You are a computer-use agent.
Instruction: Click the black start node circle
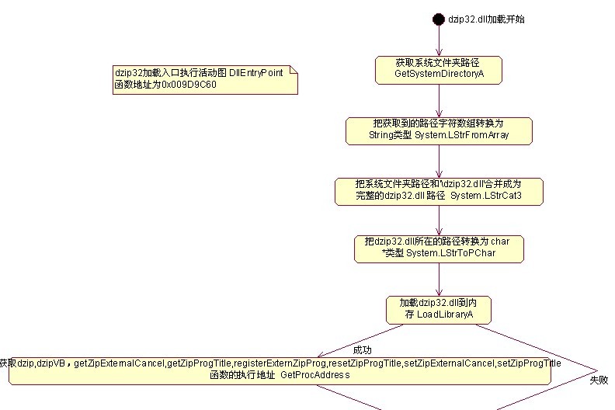[439, 19]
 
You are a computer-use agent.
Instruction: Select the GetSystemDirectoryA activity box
[439, 69]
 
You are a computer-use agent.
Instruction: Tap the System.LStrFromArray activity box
[439, 130]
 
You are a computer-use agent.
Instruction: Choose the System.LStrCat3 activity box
[439, 191]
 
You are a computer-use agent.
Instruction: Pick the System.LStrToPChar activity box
[439, 248]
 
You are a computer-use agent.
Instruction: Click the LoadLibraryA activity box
[439, 309]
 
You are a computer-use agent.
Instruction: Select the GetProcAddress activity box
[280, 370]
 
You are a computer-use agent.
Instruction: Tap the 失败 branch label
[599, 380]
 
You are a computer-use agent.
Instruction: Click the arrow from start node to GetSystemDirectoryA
[439, 40]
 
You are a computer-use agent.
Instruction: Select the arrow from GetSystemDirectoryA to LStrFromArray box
[439, 100]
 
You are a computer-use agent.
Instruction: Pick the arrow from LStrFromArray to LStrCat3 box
[439, 161]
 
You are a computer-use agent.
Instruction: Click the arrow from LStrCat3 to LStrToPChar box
[439, 221]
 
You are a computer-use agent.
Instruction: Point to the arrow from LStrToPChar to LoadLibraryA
[439, 279]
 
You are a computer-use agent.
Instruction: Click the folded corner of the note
[294, 71]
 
